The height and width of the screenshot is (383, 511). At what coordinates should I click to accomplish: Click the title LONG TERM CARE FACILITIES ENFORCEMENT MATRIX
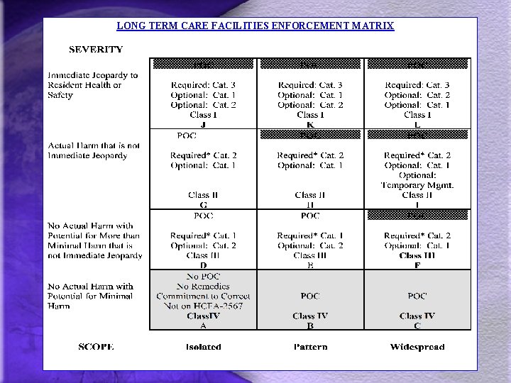pyautogui.click(x=255, y=26)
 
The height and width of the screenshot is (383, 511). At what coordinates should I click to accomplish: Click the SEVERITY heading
pyautogui.click(x=95, y=50)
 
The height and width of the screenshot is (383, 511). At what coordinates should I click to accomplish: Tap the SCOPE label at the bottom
pyautogui.click(x=96, y=347)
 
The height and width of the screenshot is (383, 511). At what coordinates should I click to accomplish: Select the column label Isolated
pyautogui.click(x=203, y=347)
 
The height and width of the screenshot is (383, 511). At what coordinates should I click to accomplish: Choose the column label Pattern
pyautogui.click(x=310, y=347)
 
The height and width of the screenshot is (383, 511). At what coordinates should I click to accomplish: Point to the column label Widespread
pyautogui.click(x=417, y=347)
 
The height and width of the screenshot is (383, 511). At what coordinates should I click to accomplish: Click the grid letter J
pyautogui.click(x=203, y=124)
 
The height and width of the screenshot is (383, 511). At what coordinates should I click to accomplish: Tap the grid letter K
pyautogui.click(x=310, y=124)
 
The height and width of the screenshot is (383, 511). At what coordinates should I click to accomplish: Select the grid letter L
pyautogui.click(x=417, y=124)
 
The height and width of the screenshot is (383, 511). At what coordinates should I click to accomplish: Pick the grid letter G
pyautogui.click(x=203, y=204)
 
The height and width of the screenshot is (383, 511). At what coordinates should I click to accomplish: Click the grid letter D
pyautogui.click(x=203, y=265)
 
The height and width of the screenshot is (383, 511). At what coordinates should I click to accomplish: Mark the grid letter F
pyautogui.click(x=417, y=265)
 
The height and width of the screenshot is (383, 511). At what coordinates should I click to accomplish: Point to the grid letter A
pyautogui.click(x=203, y=326)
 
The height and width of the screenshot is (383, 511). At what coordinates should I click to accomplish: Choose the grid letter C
pyautogui.click(x=417, y=326)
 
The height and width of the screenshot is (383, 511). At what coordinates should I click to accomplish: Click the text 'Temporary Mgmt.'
pyautogui.click(x=417, y=185)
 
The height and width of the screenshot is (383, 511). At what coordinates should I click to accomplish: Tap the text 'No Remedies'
pyautogui.click(x=203, y=286)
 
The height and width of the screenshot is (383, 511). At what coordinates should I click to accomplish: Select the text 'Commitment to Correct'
pyautogui.click(x=203, y=296)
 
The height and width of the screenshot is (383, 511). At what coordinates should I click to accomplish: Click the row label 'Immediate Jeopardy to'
pyautogui.click(x=93, y=75)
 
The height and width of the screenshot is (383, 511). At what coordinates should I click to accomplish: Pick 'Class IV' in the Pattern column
pyautogui.click(x=310, y=316)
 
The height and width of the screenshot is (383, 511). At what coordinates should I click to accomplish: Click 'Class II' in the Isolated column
pyautogui.click(x=203, y=195)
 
